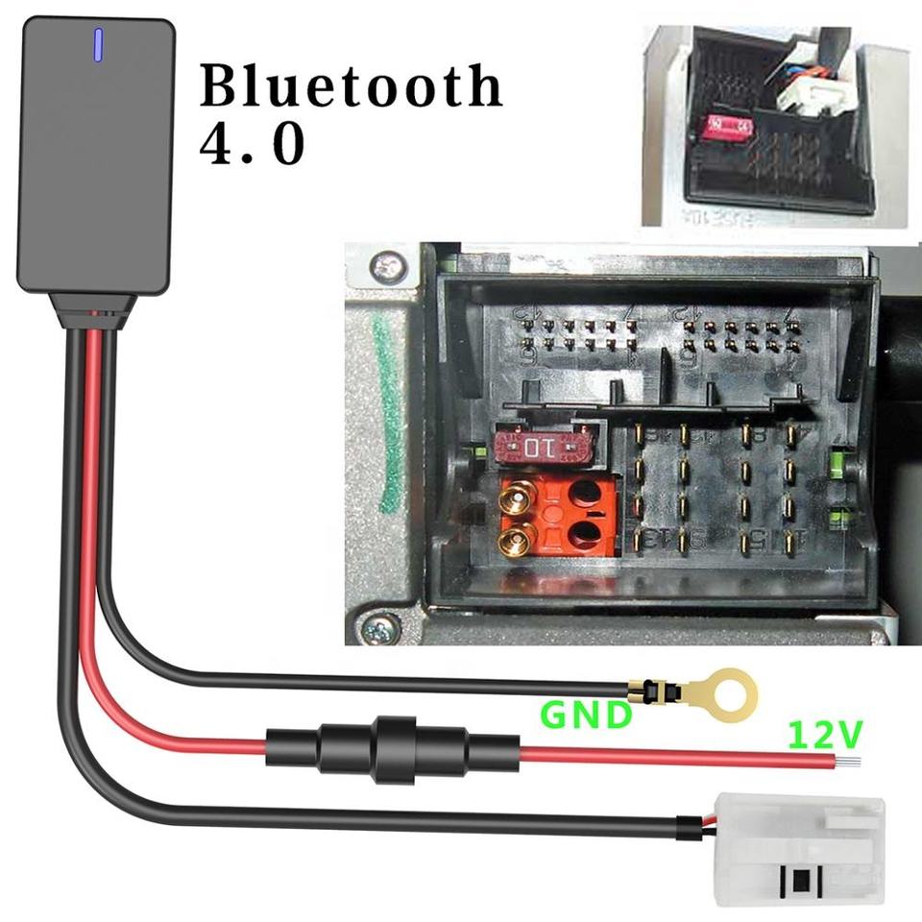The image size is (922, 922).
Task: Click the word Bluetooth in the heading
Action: point(351,86)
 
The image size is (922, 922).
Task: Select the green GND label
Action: point(586,715)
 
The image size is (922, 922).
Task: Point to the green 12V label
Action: point(825,736)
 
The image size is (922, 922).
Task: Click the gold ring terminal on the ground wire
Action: point(720,691)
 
